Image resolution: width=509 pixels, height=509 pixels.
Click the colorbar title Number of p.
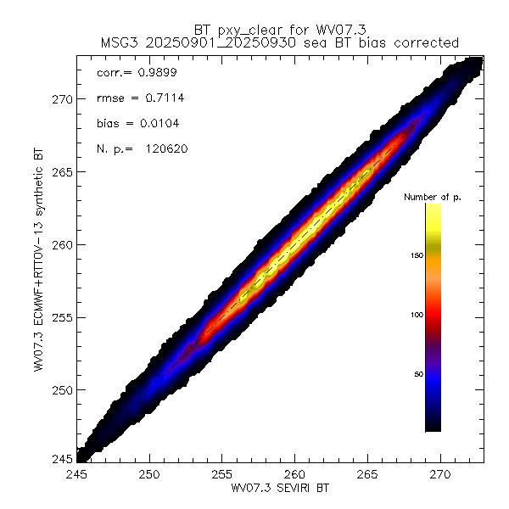[432, 197]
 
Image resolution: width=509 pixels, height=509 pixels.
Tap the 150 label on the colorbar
[415, 255]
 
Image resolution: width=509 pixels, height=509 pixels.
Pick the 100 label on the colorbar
[415, 315]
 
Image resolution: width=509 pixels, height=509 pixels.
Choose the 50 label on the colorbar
[417, 373]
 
